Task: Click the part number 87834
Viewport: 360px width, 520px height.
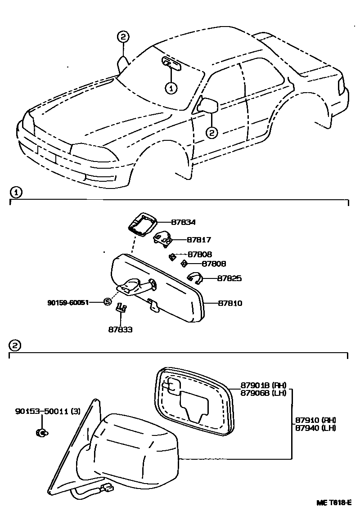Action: coord(183,222)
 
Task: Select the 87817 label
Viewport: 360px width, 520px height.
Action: coord(198,240)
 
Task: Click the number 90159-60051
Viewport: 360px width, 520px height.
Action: coord(67,302)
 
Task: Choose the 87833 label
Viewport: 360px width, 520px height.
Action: coord(120,329)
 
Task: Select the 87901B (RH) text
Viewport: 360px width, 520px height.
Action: coord(263,385)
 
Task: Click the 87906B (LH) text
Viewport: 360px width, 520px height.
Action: coord(263,392)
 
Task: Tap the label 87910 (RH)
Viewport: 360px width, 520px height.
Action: coord(315,420)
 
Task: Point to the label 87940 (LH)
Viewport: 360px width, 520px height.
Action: coord(315,428)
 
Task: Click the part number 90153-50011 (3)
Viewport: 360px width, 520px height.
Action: coord(48,411)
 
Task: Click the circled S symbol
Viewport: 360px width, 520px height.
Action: coord(107,302)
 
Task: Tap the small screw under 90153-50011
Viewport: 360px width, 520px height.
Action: coord(41,433)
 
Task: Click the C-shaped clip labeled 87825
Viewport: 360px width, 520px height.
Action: coord(194,279)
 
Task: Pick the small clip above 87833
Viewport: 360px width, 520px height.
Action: coord(121,308)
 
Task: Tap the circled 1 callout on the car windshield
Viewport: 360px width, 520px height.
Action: coord(171,88)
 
